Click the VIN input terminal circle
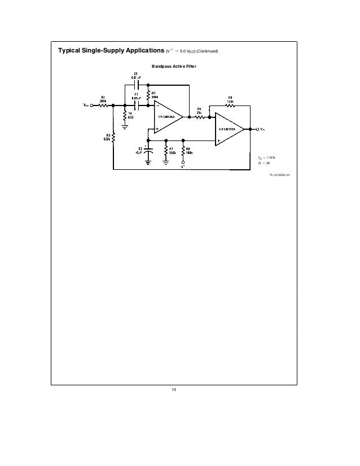point(91,104)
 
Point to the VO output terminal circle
point(258,129)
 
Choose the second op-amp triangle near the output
point(229,129)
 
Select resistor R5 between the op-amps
point(199,117)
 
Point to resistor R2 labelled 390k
point(148,94)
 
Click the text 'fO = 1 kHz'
point(264,156)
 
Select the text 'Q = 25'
point(262,162)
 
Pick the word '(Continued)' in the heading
point(207,52)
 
